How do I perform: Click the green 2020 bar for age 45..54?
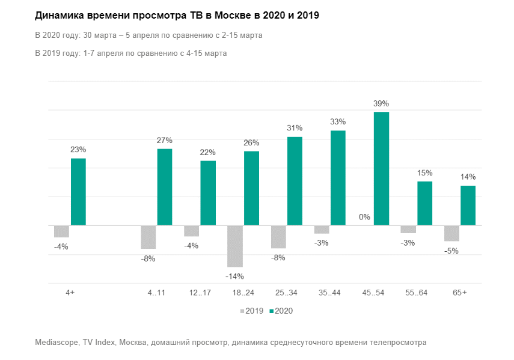coord(381,168)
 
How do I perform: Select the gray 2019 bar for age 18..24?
coord(235,246)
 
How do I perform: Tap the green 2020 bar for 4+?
coord(78,192)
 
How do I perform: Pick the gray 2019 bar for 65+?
coord(451,233)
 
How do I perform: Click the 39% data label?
coord(381,103)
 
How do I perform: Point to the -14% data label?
coord(235,276)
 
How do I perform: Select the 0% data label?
coord(364,217)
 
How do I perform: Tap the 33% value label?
coord(338,121)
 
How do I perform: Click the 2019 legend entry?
coord(251,311)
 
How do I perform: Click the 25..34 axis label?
coord(287,292)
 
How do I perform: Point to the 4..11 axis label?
coord(156,292)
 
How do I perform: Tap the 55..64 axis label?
coord(417,292)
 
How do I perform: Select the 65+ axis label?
coord(460,292)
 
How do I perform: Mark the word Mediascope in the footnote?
coord(58,343)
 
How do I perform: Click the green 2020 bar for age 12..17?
coord(208,193)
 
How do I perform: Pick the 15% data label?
coord(425,173)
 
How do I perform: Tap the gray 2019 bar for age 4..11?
coord(148,237)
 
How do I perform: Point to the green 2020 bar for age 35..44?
coord(338,178)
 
